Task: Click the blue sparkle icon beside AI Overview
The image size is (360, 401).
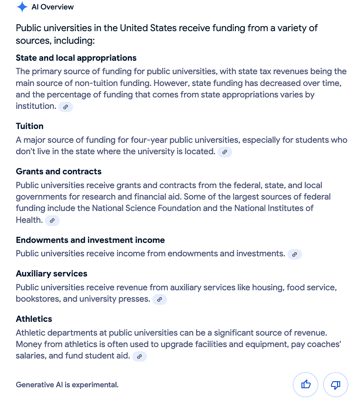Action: point(22,7)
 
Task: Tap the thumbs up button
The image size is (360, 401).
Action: point(306,384)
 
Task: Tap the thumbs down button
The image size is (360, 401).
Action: point(335,384)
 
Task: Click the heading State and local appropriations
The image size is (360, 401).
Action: point(76,58)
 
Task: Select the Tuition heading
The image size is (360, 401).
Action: point(30,126)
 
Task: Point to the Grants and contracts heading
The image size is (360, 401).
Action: point(58,171)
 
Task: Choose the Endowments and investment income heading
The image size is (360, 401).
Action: point(90,240)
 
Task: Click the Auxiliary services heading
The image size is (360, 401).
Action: point(51,273)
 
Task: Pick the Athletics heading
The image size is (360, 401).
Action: point(34,319)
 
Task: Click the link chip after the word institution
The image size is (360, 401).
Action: point(66,107)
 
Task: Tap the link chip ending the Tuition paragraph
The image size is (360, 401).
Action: point(225,152)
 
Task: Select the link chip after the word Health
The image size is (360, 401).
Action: point(52,220)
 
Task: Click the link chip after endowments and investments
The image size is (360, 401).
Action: point(294,254)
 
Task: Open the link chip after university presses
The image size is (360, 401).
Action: point(159,299)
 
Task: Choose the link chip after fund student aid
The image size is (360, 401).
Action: point(139,356)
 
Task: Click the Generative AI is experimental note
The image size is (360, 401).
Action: point(67,385)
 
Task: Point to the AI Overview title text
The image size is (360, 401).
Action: point(53,7)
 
